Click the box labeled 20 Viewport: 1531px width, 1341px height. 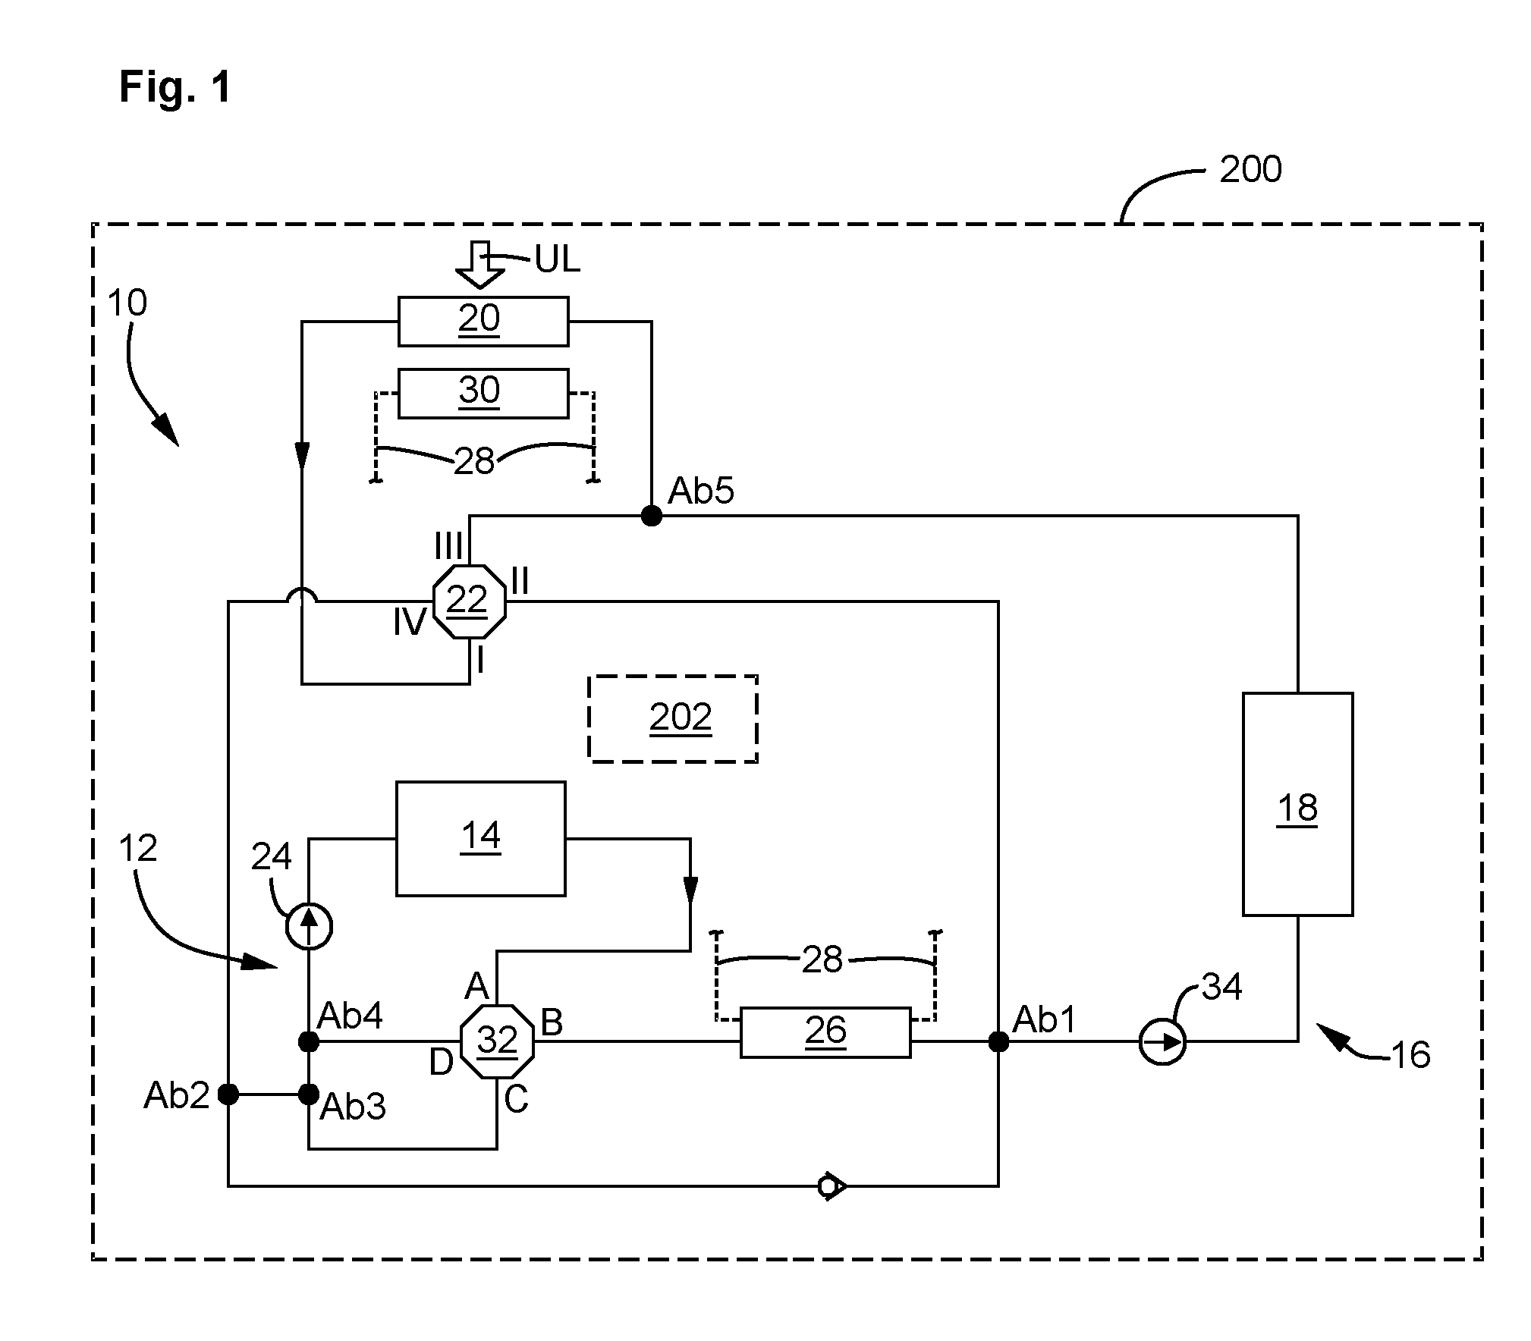point(483,322)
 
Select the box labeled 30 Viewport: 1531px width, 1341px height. point(483,393)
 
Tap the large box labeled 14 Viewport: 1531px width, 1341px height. point(480,839)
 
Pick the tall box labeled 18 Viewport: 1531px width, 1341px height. point(1297,804)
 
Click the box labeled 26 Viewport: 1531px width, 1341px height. point(825,1032)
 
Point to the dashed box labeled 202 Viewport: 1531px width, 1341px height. point(673,718)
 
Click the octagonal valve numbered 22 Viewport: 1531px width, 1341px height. point(469,602)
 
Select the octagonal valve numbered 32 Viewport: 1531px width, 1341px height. point(497,1041)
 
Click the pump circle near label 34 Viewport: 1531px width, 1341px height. point(1162,1042)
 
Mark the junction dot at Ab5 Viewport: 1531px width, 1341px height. point(651,516)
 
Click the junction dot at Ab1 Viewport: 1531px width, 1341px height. point(998,1042)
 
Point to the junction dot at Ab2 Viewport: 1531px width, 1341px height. point(228,1094)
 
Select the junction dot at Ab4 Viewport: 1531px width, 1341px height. point(309,1042)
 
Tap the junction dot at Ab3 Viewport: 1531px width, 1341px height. point(309,1094)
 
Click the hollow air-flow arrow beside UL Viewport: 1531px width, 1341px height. point(479,265)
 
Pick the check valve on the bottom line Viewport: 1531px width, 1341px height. point(832,1186)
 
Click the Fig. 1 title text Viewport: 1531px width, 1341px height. point(175,87)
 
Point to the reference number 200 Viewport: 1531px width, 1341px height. point(1250,168)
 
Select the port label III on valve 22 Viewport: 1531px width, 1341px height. point(449,545)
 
